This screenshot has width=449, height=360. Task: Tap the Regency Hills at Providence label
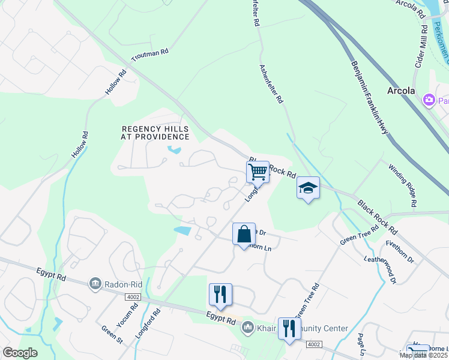pos(155,133)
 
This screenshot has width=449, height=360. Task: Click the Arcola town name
pos(401,91)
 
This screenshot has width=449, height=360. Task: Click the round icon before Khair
pos(246,328)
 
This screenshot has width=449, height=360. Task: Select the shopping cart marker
pos(258,172)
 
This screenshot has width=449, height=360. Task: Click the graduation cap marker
pos(308,188)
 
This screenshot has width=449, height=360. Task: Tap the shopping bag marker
pos(244,234)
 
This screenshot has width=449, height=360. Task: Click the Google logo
pos(20,353)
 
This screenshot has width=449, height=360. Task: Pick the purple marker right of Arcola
pos(429,100)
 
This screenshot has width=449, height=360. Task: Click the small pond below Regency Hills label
pos(175,149)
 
